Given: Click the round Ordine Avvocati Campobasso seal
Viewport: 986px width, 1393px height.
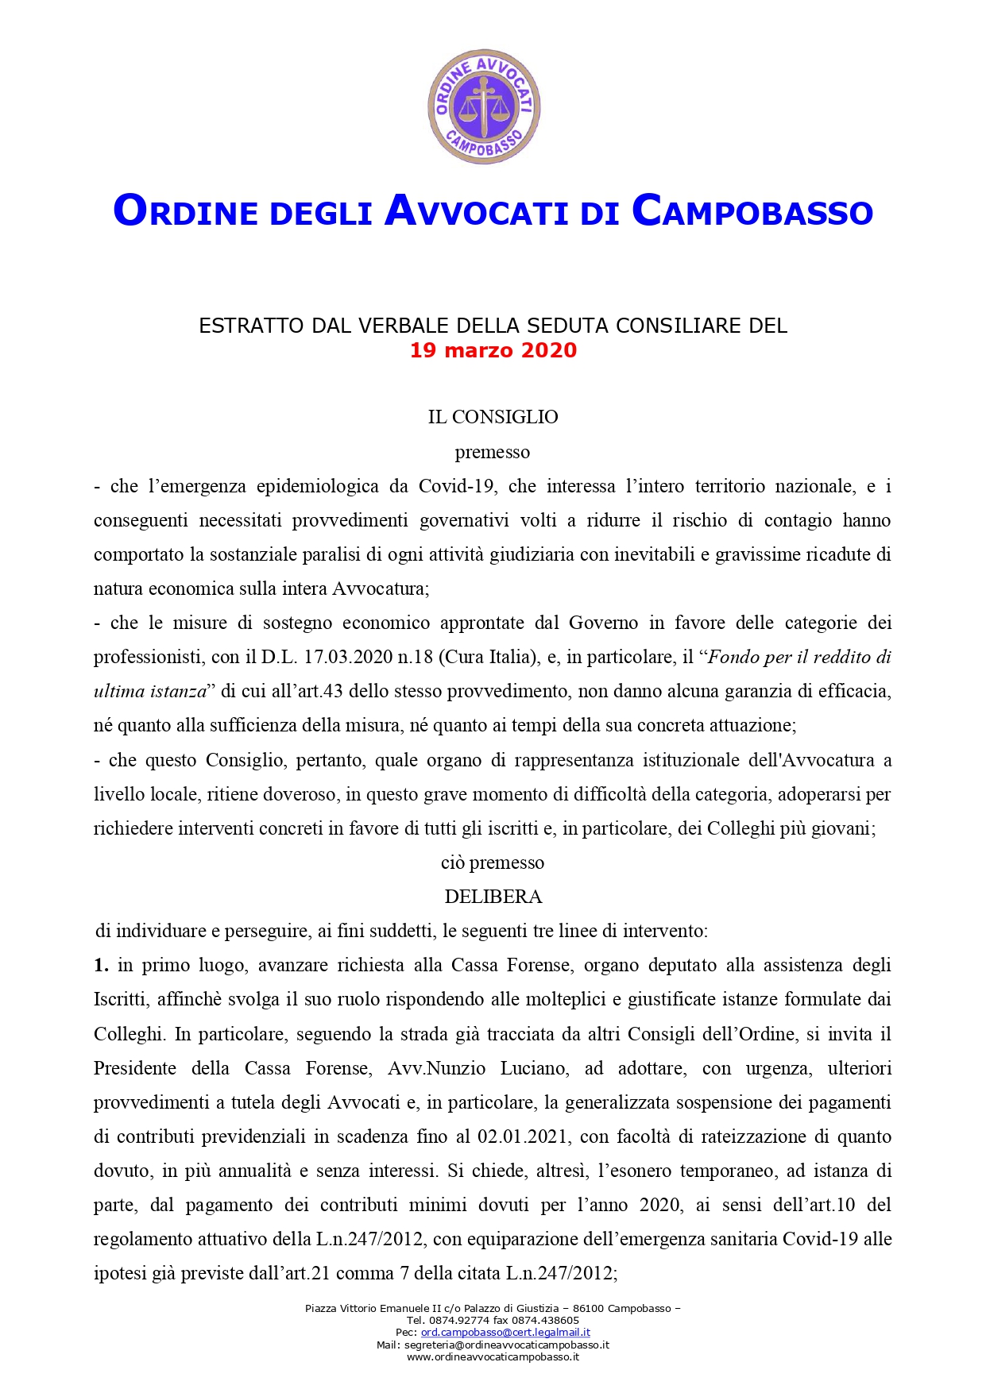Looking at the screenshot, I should (484, 106).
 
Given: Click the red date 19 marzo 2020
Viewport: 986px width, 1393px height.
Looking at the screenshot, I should (493, 350).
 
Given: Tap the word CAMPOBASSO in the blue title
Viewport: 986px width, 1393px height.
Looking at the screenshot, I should (752, 211).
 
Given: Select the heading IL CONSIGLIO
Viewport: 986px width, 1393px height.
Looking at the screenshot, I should (493, 417).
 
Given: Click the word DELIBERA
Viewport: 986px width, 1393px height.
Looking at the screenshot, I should (493, 897).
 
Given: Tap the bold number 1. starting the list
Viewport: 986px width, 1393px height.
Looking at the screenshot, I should (101, 965).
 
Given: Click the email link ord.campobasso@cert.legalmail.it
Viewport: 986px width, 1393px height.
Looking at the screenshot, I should (505, 1332).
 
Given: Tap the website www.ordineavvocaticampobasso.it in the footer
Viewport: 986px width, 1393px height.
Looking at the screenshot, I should (493, 1357).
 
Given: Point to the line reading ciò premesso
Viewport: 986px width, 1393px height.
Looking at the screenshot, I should (493, 862).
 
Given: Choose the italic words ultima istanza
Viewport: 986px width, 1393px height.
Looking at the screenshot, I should (150, 691).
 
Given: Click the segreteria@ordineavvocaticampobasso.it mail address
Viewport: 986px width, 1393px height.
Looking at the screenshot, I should (506, 1345).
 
